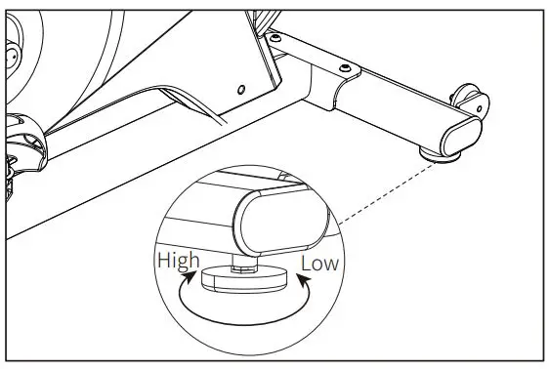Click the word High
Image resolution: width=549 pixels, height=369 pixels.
point(178,261)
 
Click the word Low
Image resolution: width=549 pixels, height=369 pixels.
point(319,263)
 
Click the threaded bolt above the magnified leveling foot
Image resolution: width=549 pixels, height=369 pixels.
point(243,264)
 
